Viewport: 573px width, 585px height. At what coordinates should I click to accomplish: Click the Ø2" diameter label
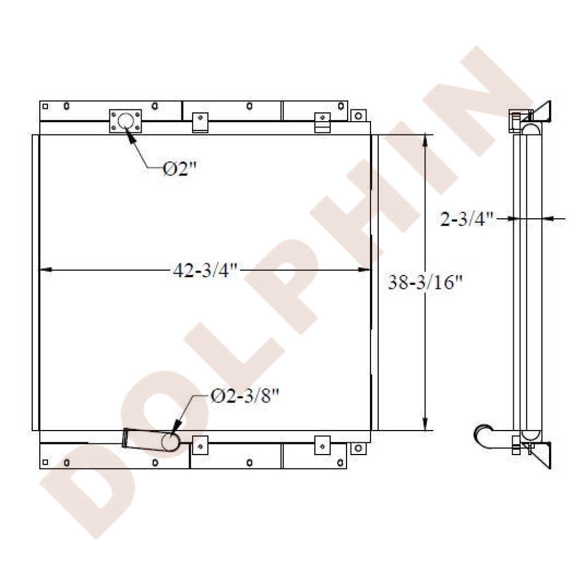pos(180,169)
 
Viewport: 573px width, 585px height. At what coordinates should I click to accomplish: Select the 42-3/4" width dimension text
pos(205,270)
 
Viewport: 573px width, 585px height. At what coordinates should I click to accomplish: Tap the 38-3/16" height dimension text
pos(425,283)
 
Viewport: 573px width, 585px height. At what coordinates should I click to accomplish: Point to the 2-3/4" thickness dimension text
pos(467,219)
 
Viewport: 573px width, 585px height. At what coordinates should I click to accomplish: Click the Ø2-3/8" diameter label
pos(245,396)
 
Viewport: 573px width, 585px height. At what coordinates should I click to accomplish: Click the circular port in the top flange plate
pos(125,121)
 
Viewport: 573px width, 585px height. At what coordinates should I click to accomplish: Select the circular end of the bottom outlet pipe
pos(170,442)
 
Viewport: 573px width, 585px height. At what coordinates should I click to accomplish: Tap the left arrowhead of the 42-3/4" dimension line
pos(46,270)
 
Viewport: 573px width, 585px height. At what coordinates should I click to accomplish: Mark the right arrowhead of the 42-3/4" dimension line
pos(364,270)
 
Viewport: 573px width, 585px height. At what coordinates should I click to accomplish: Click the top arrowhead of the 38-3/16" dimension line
pos(425,141)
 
